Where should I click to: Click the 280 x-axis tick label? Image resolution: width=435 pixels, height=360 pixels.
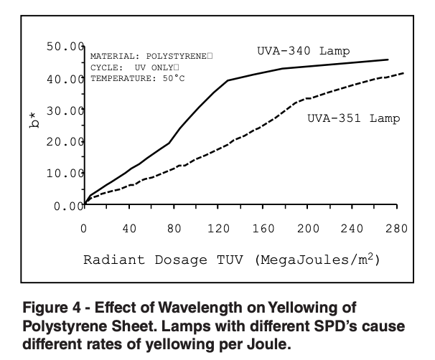396,229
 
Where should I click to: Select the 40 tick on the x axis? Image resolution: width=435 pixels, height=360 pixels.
129,229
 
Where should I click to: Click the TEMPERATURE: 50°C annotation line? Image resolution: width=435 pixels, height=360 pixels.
137,77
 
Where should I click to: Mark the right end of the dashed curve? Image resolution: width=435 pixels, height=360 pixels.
403,73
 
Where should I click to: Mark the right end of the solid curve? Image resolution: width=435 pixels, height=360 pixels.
388,60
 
